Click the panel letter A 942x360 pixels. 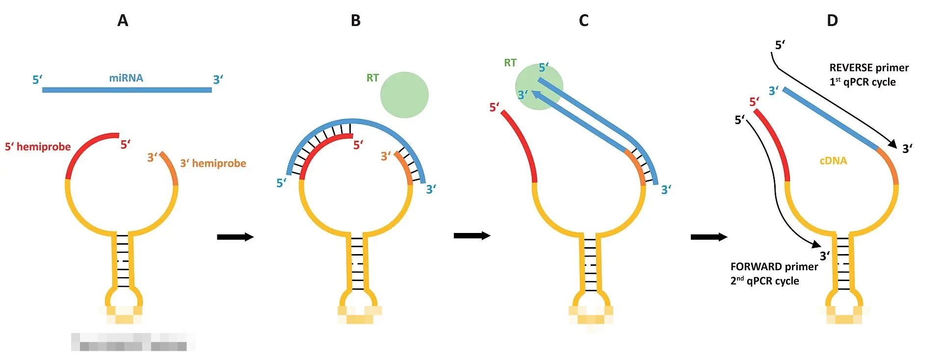123,21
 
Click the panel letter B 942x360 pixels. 356,21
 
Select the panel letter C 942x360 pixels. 583,21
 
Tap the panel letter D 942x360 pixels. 832,21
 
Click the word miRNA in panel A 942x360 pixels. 126,78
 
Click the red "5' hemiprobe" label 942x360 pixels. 38,147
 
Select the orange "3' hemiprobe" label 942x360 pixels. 213,163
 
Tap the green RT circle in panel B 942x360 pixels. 404,95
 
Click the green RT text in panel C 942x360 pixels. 510,63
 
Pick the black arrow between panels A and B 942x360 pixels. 235,237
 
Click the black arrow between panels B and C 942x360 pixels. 471,236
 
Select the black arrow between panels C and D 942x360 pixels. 708,237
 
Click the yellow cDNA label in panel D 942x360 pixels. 833,161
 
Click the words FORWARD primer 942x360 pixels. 774,267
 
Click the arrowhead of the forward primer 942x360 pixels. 816,244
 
